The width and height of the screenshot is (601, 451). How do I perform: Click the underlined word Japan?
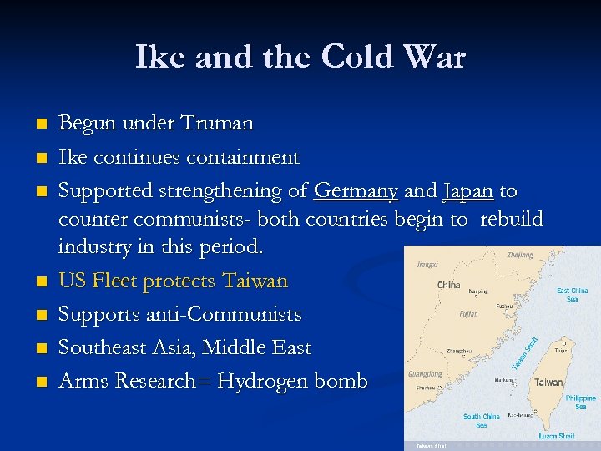468,191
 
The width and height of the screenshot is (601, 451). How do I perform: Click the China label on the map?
448,286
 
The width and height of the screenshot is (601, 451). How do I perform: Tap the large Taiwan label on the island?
548,382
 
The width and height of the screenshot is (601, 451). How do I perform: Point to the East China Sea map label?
573,295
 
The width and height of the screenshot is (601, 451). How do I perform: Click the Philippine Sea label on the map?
580,402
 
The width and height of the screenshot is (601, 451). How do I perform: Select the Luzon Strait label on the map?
556,435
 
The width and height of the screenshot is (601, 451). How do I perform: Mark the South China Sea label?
482,420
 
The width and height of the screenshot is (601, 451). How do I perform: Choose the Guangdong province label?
424,375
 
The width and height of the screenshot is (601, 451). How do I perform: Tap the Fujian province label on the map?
469,314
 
